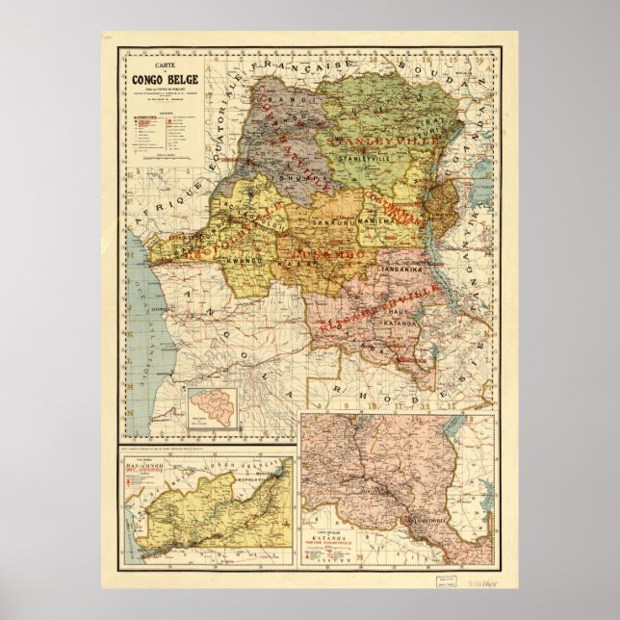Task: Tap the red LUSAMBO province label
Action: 324,249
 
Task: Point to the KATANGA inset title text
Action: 346,556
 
